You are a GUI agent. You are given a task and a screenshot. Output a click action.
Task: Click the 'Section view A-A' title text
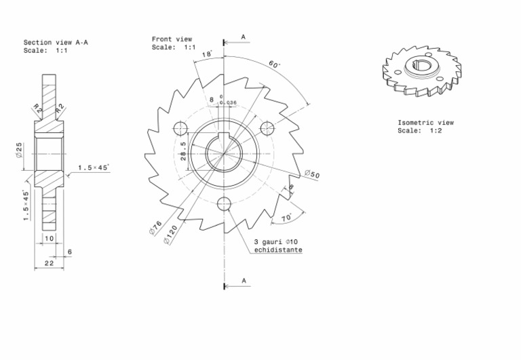pyautogui.click(x=56, y=42)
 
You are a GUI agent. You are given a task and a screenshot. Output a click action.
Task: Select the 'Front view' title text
pyautogui.click(x=172, y=39)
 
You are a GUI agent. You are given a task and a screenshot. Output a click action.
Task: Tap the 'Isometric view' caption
pyautogui.click(x=425, y=123)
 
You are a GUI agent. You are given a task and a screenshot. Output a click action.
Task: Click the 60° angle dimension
pyautogui.click(x=274, y=65)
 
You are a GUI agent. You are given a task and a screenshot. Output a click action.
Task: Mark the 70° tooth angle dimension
pyautogui.click(x=286, y=218)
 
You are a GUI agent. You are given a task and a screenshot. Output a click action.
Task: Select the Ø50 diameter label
pyautogui.click(x=312, y=174)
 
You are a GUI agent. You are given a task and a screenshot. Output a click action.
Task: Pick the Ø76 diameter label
pyautogui.click(x=155, y=227)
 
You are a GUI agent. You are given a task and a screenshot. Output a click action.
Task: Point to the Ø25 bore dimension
pyautogui.click(x=20, y=150)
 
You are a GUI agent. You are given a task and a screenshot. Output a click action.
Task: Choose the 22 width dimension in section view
pyautogui.click(x=49, y=262)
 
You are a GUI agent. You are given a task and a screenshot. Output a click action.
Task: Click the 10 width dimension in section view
pyautogui.click(x=49, y=239)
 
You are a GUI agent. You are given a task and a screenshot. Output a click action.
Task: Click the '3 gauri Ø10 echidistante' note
pyautogui.click(x=278, y=246)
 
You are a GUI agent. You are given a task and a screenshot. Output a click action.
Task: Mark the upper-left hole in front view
pyautogui.click(x=180, y=127)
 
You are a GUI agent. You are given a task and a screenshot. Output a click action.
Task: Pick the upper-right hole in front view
pyautogui.click(x=268, y=127)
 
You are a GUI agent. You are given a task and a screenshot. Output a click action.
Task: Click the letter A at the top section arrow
pyautogui.click(x=243, y=36)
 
